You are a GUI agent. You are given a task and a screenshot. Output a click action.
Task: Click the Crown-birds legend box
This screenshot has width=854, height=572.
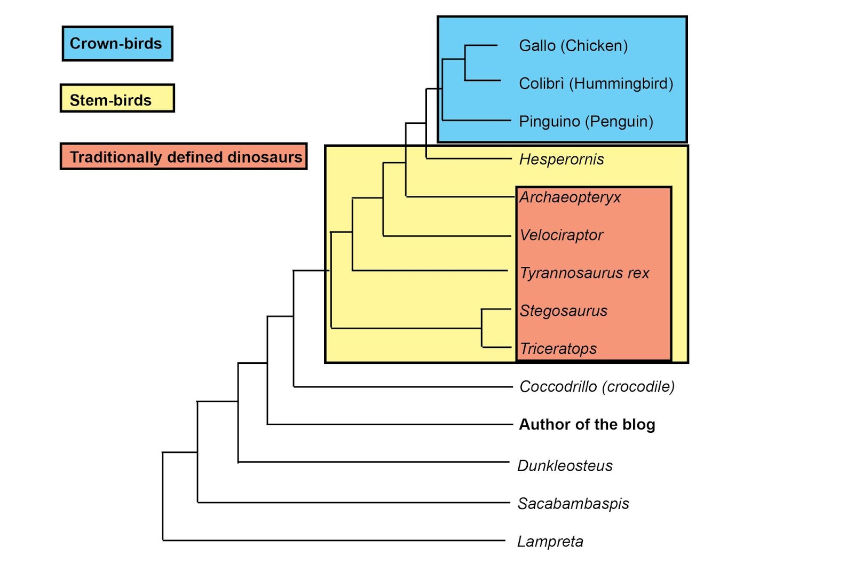117,43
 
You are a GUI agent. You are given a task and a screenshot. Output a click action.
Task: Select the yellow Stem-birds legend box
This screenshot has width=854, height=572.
117,98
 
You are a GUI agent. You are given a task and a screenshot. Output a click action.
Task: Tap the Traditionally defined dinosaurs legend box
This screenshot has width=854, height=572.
183,156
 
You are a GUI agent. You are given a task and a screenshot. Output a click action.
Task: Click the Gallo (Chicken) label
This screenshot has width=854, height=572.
573,46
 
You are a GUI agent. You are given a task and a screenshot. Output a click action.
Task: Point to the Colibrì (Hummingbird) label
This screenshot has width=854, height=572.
596,84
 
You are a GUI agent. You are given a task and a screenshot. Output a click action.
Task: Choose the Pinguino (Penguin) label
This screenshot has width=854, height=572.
586,122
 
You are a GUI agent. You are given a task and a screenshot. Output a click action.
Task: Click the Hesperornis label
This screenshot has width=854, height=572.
562,160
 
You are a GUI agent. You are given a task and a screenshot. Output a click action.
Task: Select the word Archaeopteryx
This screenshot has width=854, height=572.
570,197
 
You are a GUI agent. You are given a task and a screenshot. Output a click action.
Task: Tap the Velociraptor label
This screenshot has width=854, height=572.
562,235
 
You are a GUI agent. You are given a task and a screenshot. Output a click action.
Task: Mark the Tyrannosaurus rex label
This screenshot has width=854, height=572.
584,273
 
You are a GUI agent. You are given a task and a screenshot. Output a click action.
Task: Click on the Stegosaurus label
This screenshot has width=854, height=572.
564,311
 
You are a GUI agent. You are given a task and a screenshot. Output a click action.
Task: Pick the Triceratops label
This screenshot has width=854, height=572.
558,349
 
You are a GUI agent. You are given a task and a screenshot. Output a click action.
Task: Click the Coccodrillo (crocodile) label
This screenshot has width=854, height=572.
597,387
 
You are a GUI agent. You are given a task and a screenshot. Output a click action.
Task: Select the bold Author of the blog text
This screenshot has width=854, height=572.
587,425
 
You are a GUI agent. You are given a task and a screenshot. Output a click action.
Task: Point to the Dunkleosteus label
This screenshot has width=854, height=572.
565,466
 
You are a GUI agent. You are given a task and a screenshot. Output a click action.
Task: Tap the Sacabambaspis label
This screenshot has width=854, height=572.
573,504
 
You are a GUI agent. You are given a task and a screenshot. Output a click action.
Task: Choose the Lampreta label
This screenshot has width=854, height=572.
550,542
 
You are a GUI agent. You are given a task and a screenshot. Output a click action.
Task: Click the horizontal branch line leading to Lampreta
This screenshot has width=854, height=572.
331,541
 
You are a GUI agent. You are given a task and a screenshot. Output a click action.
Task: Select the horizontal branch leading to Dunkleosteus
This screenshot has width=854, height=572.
374,462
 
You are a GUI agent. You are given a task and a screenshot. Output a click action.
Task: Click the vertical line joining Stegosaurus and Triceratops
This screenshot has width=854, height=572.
482,328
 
